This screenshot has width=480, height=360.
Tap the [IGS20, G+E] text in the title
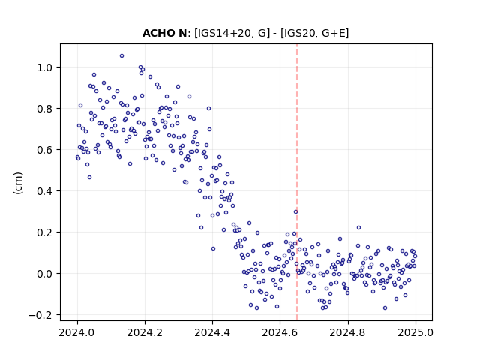click(x=314, y=33)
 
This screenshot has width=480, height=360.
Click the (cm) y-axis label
click(x=18, y=183)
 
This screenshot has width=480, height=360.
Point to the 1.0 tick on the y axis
click(x=46, y=67)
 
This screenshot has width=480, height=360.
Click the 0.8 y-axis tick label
click(x=46, y=109)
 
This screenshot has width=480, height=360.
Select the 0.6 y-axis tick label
click(x=46, y=150)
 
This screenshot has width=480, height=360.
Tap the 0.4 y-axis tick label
click(x=46, y=191)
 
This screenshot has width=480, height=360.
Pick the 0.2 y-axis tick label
click(x=46, y=232)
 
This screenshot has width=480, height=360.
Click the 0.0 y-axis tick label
click(x=46, y=274)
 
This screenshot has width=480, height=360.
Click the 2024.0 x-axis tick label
click(x=77, y=332)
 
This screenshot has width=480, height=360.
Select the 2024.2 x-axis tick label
click(x=145, y=332)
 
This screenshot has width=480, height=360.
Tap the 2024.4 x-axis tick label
click(x=212, y=332)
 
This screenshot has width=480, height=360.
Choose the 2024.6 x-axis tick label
click(x=280, y=332)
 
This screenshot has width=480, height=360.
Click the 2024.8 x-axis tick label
click(x=348, y=332)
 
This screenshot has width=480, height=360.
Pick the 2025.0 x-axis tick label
click(x=415, y=332)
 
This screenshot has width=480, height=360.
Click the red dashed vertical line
click(x=297, y=182)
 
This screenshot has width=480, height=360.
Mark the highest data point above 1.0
click(x=121, y=56)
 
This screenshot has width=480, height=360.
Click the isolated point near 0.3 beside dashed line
click(x=295, y=211)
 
